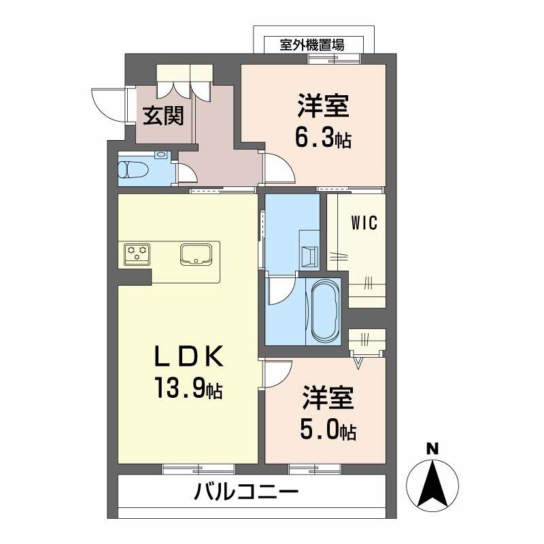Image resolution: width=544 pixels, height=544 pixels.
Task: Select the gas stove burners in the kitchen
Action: coord(137,254)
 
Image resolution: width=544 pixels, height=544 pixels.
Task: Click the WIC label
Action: coord(364,222)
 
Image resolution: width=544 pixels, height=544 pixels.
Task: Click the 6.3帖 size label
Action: coord(322,139)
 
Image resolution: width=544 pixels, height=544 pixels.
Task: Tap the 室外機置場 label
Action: coord(312,46)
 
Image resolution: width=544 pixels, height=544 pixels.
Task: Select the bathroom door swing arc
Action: coord(280,292)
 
